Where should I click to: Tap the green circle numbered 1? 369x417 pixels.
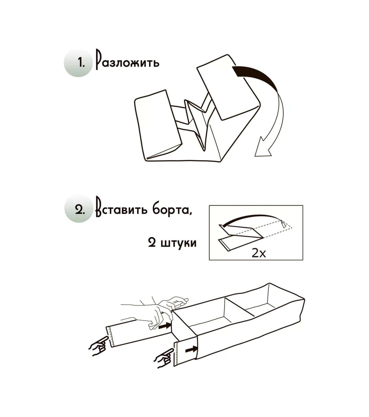coord(78,63)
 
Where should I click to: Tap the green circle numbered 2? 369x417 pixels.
coord(79,209)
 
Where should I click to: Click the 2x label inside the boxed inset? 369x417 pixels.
coord(259,253)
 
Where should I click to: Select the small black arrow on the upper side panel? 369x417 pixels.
coord(165,326)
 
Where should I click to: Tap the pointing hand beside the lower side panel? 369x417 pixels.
coord(164,358)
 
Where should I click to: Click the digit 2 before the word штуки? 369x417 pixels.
coord(152,242)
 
